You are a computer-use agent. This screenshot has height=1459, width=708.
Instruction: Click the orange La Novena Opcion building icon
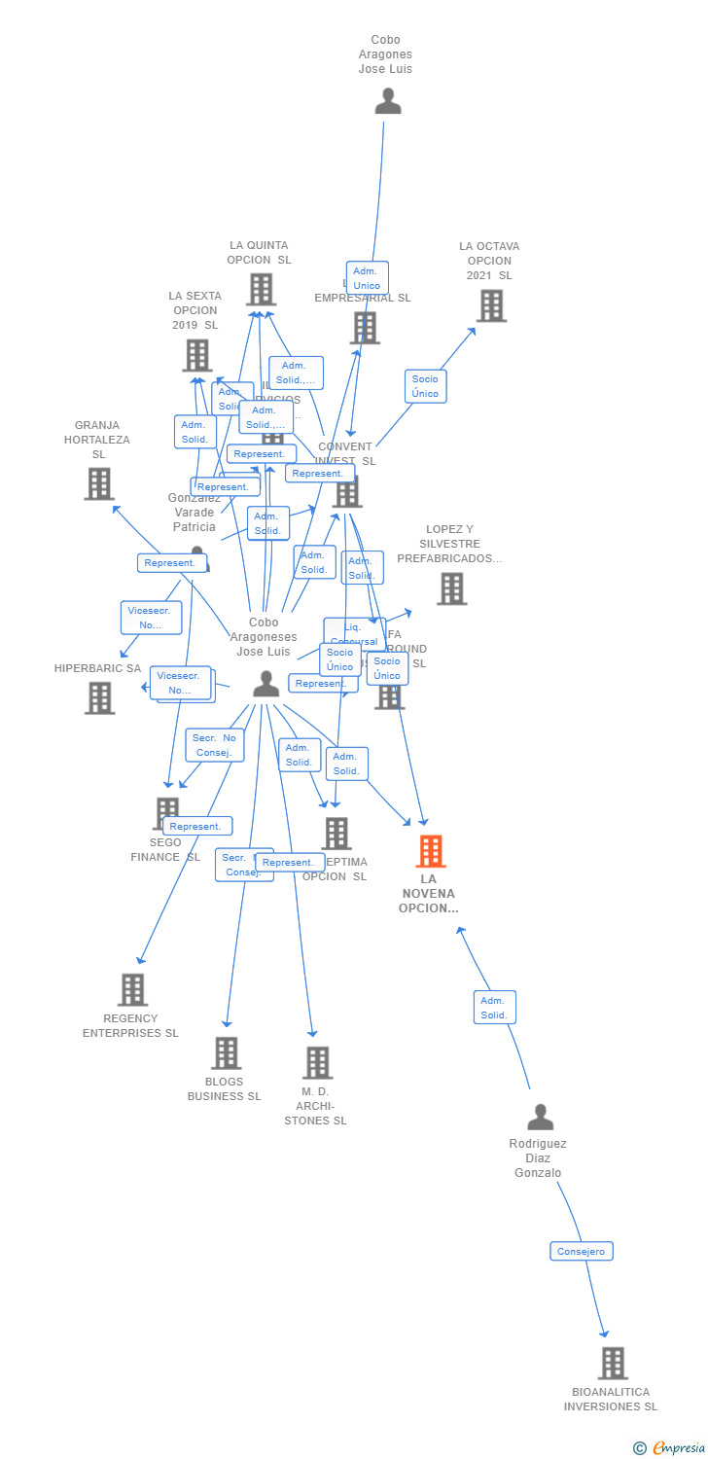click(x=431, y=851)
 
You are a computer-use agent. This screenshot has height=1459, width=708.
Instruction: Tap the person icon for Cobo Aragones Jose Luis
click(x=388, y=101)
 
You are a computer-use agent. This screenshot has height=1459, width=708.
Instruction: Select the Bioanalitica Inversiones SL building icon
click(x=613, y=1363)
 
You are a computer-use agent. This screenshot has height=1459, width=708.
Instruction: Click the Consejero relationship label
click(x=582, y=1252)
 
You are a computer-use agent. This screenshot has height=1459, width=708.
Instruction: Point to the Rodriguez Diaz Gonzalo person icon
click(x=540, y=1117)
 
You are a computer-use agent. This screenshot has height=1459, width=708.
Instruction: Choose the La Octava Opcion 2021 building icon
click(x=491, y=305)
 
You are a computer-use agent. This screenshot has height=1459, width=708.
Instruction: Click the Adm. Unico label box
click(x=367, y=278)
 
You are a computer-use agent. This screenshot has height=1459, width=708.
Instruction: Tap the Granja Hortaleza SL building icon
click(x=98, y=483)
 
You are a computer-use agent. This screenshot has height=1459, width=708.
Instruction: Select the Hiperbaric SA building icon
click(x=99, y=697)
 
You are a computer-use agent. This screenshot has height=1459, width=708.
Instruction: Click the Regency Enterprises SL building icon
click(x=132, y=989)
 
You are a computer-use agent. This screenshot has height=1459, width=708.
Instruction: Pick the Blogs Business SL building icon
click(x=226, y=1052)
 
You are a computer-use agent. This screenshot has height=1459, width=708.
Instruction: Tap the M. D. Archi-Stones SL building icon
click(x=317, y=1062)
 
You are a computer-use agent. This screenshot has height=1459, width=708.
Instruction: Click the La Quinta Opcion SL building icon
click(x=261, y=289)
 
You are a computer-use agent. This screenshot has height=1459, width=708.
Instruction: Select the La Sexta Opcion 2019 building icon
click(x=197, y=355)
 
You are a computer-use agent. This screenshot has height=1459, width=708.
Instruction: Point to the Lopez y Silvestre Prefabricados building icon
click(x=451, y=588)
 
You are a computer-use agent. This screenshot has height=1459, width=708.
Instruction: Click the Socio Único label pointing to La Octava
click(x=425, y=386)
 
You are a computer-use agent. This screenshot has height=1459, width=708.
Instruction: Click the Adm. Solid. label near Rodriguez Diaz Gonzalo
click(x=494, y=1008)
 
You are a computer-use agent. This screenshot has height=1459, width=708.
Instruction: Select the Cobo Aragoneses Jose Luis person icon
click(x=265, y=684)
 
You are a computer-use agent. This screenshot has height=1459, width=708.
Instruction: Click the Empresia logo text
click(x=679, y=1448)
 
